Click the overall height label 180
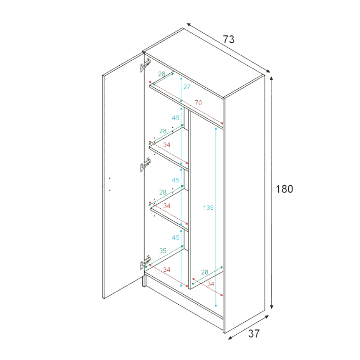[284, 189]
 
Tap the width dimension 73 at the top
[229, 39]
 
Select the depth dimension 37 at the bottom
[254, 333]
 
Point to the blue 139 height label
[208, 207]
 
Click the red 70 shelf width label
[198, 103]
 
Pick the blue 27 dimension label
[187, 86]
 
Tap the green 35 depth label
[163, 251]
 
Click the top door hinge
[145, 65]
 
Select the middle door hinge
[145, 165]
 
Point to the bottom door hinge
[145, 262]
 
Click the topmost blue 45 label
[175, 117]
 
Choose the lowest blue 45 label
[175, 237]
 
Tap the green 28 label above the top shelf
[162, 74]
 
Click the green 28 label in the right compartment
[205, 272]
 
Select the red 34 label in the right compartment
[211, 284]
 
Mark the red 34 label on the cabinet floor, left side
[166, 269]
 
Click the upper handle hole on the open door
[110, 178]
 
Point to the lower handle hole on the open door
[110, 190]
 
